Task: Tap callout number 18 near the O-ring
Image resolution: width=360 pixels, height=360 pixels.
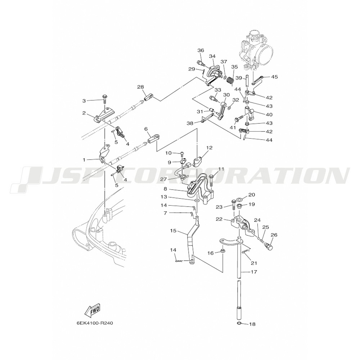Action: point(252,324)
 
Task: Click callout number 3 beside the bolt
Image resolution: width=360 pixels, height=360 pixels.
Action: point(84,101)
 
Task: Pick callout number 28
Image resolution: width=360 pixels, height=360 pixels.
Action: point(140,87)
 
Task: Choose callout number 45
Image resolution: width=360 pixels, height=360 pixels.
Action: point(275,77)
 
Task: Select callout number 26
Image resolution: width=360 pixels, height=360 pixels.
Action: point(274,235)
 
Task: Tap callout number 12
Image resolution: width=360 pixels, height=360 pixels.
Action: point(209,148)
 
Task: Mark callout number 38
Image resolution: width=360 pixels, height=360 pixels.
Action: point(190,123)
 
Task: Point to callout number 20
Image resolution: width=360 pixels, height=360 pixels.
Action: point(252,195)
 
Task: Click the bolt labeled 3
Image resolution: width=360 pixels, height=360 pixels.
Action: point(104,98)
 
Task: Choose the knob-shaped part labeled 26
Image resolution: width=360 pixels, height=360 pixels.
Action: point(268,246)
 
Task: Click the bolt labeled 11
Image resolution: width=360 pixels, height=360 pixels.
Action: point(211,179)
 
